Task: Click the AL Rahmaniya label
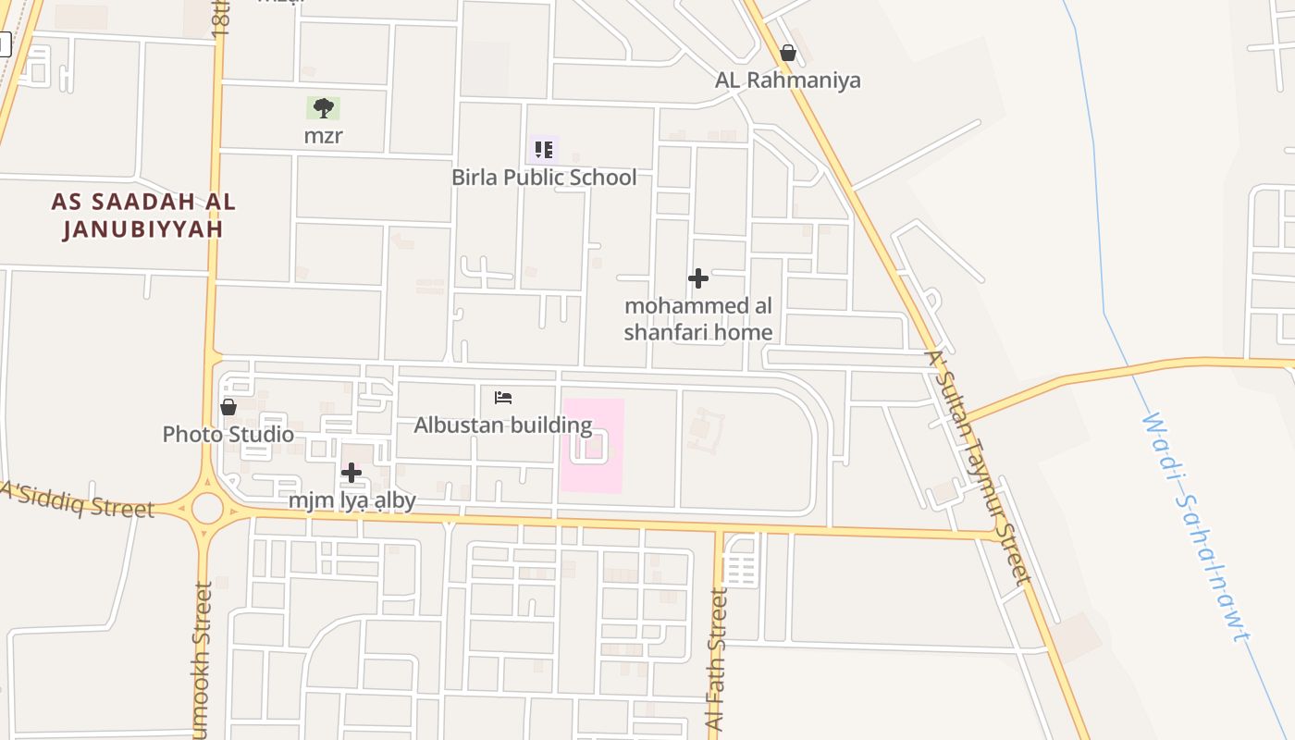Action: coord(787,80)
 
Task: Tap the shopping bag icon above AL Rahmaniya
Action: coord(787,53)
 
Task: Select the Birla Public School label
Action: coord(544,177)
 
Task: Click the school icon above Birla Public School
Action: coord(544,149)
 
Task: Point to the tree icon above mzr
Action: coord(323,108)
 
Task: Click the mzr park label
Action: coord(323,136)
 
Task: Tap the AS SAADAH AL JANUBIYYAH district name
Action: coord(143,216)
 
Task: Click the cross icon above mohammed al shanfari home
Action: coord(698,277)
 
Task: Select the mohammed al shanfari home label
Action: coord(698,319)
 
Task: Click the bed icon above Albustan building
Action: coord(503,398)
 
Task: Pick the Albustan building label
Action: coord(503,425)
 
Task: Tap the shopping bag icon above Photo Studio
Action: coord(228,407)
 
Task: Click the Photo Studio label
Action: coord(228,434)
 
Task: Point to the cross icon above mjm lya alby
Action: coord(351,473)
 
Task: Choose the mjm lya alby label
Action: coord(351,500)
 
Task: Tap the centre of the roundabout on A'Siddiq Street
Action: coord(208,508)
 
